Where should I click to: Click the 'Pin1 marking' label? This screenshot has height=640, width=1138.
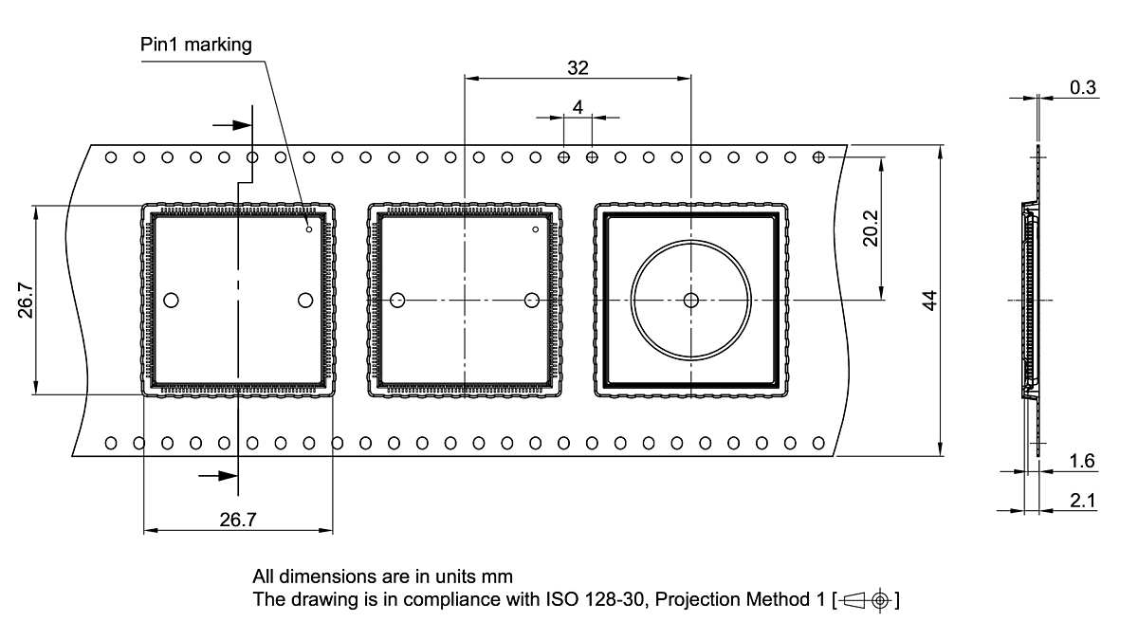click(197, 45)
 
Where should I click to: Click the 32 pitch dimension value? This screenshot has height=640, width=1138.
click(578, 67)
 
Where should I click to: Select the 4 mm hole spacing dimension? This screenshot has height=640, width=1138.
click(578, 107)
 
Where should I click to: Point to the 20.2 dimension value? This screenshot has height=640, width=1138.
click(871, 228)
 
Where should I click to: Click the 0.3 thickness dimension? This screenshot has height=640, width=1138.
click(1082, 87)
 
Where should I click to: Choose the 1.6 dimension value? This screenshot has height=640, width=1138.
click(1082, 461)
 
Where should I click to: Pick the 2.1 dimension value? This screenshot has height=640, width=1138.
click(1082, 500)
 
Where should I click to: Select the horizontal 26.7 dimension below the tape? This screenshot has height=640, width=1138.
click(238, 519)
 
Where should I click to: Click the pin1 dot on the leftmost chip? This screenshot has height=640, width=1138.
click(309, 229)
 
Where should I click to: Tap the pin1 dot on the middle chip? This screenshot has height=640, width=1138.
click(536, 229)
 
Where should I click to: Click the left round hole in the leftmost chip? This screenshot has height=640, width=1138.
click(171, 301)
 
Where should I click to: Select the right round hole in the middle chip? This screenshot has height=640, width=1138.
click(531, 301)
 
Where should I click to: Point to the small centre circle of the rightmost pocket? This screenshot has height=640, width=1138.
click(691, 301)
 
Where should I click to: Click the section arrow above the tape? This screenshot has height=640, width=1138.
click(230, 124)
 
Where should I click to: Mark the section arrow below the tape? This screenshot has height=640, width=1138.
click(217, 476)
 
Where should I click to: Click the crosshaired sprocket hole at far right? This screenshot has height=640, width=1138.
click(819, 156)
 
